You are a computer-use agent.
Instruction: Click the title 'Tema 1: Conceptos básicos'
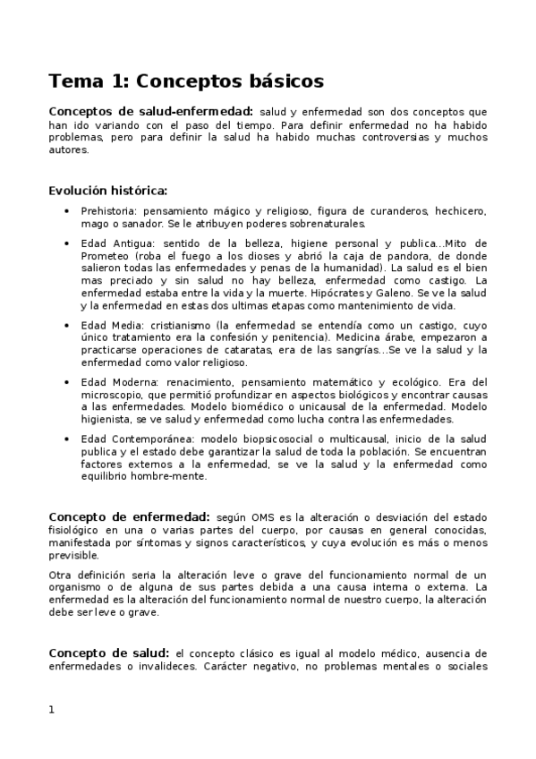185,81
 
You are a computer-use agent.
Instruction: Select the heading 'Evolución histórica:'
107,190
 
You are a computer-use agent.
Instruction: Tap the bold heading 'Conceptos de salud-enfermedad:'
148,111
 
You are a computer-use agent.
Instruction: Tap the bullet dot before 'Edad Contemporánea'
68,440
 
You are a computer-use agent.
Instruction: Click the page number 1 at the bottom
52,710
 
